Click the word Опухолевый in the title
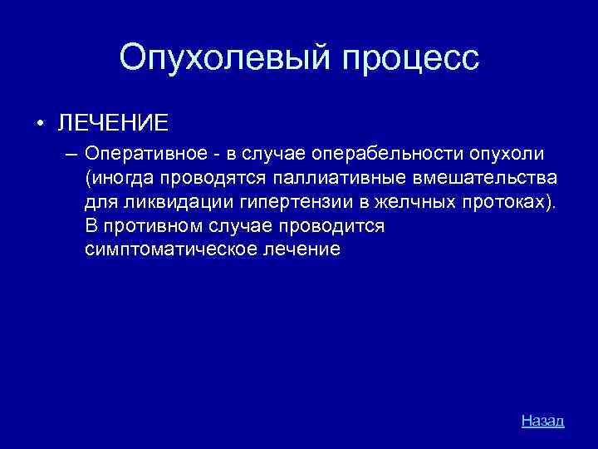(x=225, y=57)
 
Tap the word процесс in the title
(x=410, y=57)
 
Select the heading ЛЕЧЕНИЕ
(x=112, y=123)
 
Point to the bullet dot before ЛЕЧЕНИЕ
(x=39, y=124)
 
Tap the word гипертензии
(x=267, y=202)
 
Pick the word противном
(x=152, y=225)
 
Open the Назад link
(x=542, y=421)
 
